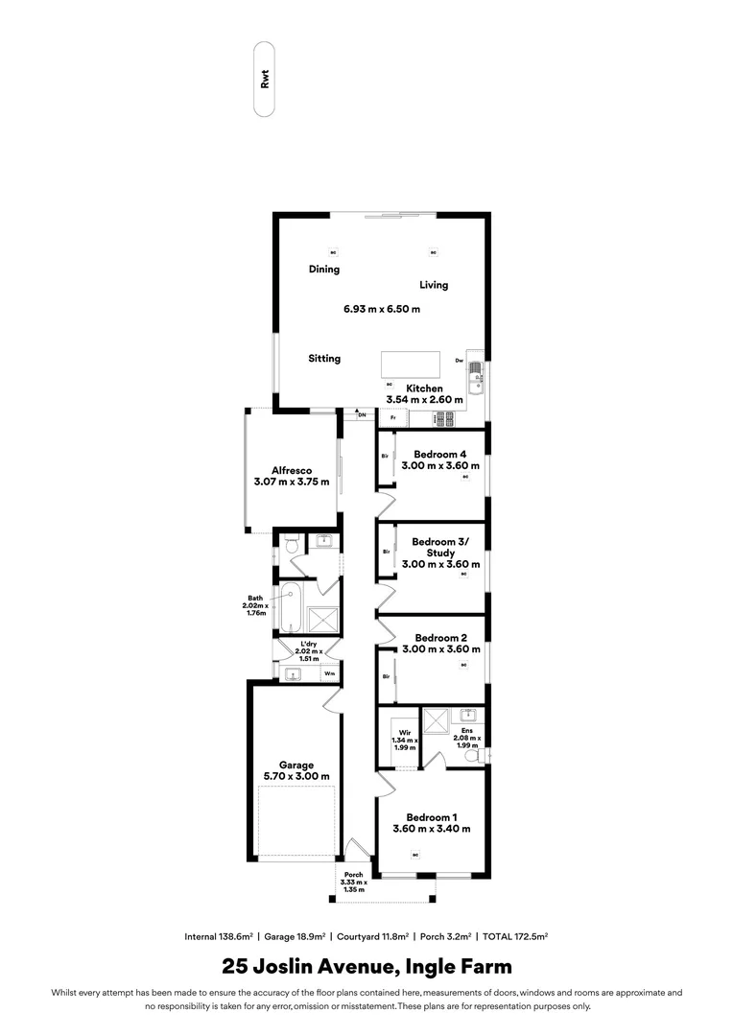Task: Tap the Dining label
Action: [324, 270]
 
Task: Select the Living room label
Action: [434, 285]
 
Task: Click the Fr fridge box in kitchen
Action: [393, 418]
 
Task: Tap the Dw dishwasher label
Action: [460, 361]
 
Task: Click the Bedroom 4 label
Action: [440, 454]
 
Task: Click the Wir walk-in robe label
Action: [404, 731]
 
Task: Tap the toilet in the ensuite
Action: [473, 757]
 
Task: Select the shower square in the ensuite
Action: [437, 719]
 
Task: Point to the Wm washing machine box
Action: [329, 673]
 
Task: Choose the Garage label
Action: [296, 765]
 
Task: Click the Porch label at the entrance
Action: [354, 875]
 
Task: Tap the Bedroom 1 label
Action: [431, 816]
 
